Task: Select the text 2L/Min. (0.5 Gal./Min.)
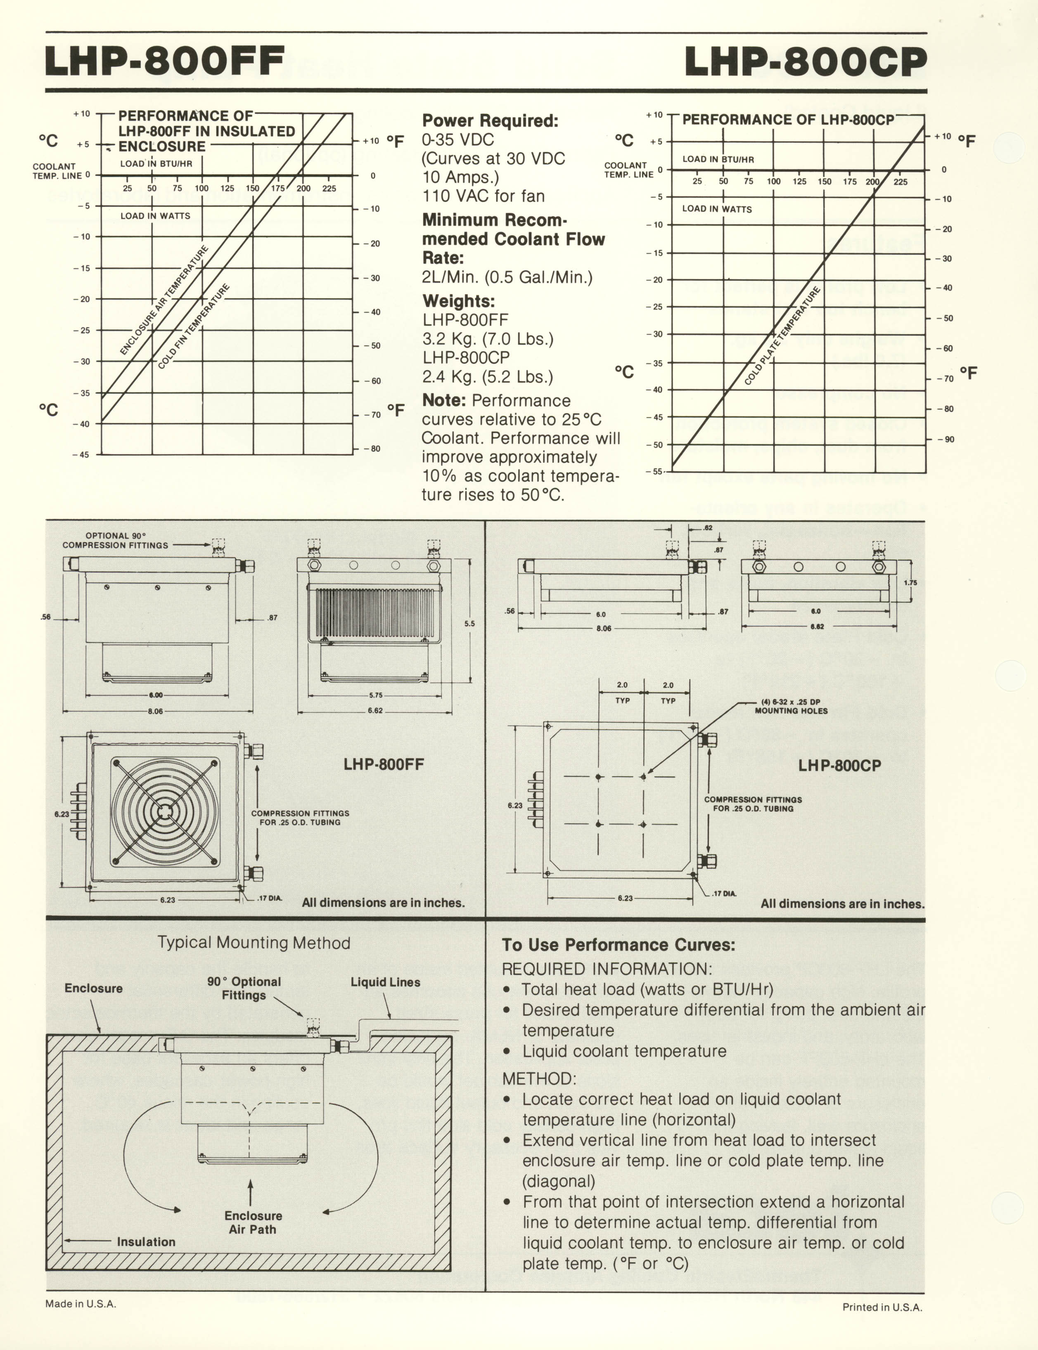point(507,277)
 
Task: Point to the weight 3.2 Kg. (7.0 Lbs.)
point(488,339)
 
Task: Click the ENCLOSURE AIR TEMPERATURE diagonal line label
point(164,301)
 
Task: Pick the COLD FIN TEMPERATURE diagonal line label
point(193,327)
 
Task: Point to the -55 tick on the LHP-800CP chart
point(654,471)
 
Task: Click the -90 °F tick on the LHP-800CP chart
point(945,439)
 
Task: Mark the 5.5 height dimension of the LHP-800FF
point(469,624)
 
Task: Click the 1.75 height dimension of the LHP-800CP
point(910,582)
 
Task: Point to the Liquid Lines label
point(386,982)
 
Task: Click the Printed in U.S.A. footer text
point(882,1307)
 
